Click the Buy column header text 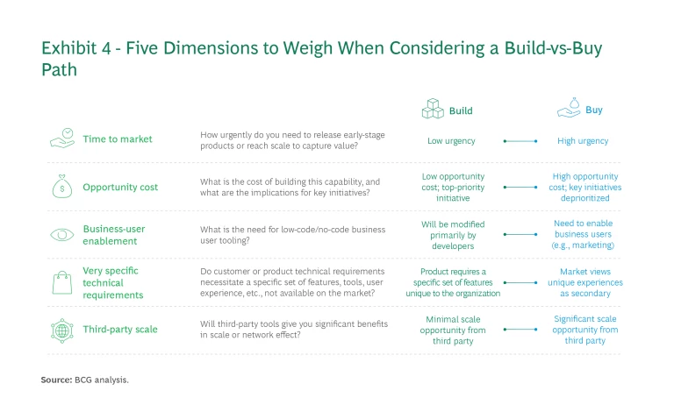tap(593, 111)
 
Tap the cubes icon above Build tap(434, 110)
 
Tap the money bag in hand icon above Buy tap(568, 109)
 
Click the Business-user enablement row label tap(114, 235)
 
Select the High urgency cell tap(583, 140)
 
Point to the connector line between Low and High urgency tap(520, 140)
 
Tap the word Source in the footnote tap(55, 380)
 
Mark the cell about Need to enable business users tap(583, 235)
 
